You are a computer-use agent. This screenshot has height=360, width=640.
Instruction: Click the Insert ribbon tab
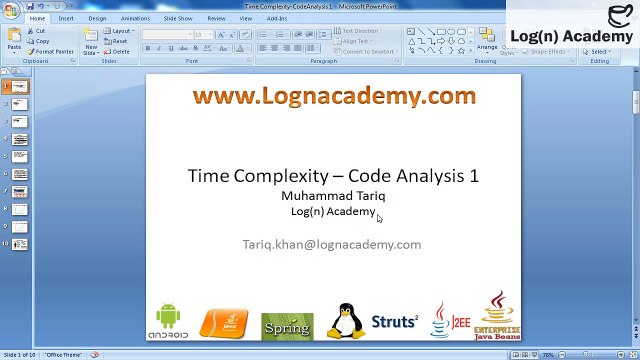66,18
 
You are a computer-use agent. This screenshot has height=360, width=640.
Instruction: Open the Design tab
97,18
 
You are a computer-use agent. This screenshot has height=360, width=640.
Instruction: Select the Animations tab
135,18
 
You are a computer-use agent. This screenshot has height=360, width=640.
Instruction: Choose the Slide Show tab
178,18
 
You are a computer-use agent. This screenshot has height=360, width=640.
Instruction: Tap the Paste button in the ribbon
14,41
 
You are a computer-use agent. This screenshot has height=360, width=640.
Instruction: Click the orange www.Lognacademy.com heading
333,96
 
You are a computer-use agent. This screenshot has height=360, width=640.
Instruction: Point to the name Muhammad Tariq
333,195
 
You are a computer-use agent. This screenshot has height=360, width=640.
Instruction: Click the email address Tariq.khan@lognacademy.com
332,244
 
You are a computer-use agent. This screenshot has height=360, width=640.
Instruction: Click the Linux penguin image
346,321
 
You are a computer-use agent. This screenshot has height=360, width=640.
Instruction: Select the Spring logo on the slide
287,326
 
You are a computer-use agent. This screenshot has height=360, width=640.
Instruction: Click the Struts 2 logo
394,322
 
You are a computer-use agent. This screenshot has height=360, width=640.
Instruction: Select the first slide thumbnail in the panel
20,87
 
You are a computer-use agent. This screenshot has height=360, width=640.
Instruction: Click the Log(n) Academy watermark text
571,36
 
